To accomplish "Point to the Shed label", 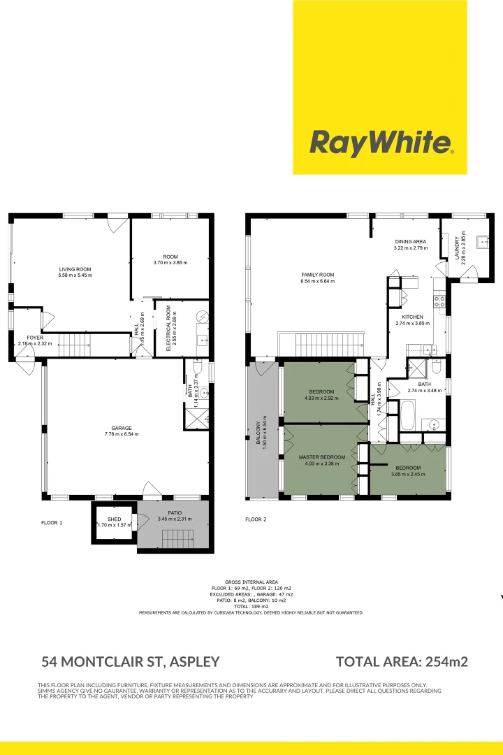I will point(114,519).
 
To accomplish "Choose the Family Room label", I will point(317,278).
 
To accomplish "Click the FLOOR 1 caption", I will point(52,522).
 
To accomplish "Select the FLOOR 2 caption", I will point(256,519).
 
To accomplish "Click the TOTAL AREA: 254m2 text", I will point(402,661).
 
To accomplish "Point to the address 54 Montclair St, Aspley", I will point(131,661).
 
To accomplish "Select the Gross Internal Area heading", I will point(251,582).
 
